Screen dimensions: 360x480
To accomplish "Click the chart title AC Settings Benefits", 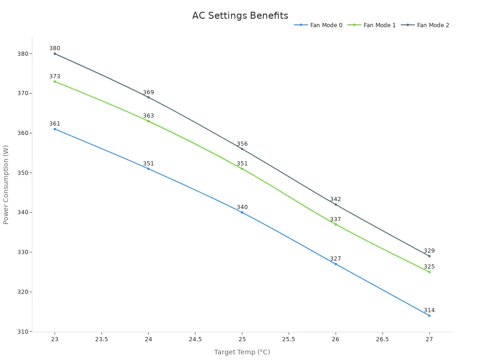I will pos(240,15).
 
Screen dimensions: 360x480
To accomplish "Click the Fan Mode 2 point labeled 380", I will pos(55,53).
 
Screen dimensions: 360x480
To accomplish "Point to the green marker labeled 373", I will pos(55,82).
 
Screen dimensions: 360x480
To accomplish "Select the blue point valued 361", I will pos(55,129).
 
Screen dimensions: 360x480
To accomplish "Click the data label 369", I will pos(149,92).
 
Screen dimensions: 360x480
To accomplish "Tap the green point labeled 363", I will pos(149,121).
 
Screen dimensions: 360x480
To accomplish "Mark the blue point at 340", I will pos(242,212).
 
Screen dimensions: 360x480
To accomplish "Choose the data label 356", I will pos(242,144).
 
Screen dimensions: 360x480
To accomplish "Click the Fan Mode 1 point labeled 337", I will pos(336,224).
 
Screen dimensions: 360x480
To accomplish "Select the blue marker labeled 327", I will pos(336,264).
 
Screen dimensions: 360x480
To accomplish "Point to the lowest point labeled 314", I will pos(429,315).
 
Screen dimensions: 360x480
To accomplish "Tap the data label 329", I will pos(429,251).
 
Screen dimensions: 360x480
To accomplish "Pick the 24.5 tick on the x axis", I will pos(195,339).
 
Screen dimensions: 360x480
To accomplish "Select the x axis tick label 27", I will pos(429,339).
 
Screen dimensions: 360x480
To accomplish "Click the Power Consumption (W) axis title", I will pos(6,184).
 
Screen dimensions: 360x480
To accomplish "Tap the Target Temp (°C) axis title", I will pos(242,352).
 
